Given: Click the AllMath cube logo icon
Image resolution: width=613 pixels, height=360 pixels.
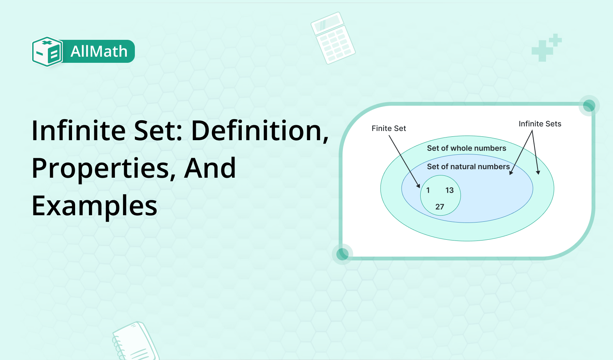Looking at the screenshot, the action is point(48,51).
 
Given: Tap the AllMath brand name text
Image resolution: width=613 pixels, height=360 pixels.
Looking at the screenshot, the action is point(99,51).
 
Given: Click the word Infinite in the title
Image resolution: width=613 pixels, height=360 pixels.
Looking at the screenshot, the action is point(79,131).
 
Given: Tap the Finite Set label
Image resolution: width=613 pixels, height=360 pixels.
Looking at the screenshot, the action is point(388,128).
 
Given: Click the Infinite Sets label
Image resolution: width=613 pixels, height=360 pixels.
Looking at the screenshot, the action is point(540,124).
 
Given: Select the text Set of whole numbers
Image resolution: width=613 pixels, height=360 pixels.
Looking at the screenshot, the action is point(467,148).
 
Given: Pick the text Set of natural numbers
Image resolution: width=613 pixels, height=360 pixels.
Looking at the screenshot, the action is point(468,167).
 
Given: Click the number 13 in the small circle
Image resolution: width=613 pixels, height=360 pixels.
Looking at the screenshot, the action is point(449,190).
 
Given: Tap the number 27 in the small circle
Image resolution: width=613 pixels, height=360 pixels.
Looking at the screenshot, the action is point(439,207).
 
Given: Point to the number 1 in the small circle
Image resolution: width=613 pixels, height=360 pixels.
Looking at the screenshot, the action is point(428,190).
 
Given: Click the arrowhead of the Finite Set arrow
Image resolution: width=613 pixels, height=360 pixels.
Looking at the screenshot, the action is point(418,186).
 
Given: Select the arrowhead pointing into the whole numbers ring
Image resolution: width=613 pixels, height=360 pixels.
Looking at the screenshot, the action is point(538,172).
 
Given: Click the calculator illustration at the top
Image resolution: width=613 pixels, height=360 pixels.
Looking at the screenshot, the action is point(333,38).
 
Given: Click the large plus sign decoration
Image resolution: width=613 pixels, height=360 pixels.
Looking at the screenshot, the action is point(543,51).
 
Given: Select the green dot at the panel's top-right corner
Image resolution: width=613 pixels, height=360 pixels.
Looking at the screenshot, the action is point(589,106).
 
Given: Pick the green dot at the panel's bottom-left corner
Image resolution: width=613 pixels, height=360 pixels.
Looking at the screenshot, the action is point(343,254).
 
